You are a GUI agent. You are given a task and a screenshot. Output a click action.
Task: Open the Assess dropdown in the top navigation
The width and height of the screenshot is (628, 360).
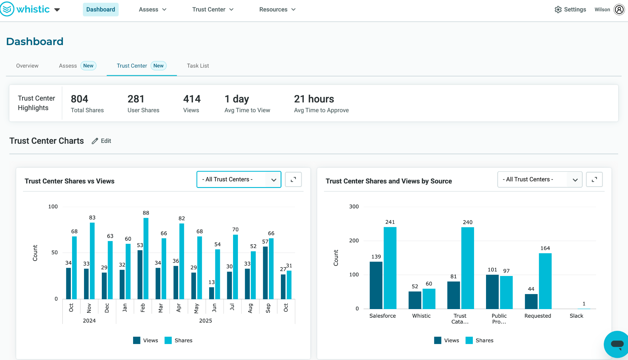[x=152, y=10]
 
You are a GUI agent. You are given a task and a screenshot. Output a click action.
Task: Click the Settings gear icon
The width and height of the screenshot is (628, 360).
[x=558, y=10]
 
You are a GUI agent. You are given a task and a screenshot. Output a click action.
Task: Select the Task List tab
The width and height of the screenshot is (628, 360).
[x=198, y=66]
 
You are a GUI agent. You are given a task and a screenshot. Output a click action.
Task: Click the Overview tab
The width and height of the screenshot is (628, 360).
[x=27, y=66]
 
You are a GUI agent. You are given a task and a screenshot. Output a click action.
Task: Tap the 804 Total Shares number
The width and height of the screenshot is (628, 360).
[x=79, y=99]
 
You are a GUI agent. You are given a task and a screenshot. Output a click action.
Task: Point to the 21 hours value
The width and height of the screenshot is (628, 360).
[x=314, y=99]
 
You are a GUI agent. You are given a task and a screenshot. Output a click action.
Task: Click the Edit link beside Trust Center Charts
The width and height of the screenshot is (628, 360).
[x=102, y=141]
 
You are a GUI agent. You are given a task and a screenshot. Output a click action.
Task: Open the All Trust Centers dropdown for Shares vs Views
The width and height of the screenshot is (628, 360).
[x=239, y=179]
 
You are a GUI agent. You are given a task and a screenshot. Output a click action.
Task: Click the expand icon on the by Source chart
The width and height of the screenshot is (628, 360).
[x=594, y=179]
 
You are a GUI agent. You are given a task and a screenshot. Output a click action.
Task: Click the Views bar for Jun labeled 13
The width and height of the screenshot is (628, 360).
[x=212, y=293]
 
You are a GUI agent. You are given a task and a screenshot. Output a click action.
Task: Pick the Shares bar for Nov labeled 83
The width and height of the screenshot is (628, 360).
[x=92, y=261]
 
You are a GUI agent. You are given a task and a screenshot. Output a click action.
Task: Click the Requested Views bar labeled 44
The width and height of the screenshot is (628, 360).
[x=531, y=301]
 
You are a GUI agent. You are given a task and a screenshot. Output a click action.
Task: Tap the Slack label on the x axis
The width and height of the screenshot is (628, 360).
[x=576, y=316]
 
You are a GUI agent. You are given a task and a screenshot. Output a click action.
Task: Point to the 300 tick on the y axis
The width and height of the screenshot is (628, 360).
[x=354, y=207]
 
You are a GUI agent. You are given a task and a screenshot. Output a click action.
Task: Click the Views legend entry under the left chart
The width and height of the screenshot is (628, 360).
[x=146, y=340]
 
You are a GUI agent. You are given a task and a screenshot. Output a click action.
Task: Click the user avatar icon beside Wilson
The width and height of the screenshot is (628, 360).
[x=619, y=10]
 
